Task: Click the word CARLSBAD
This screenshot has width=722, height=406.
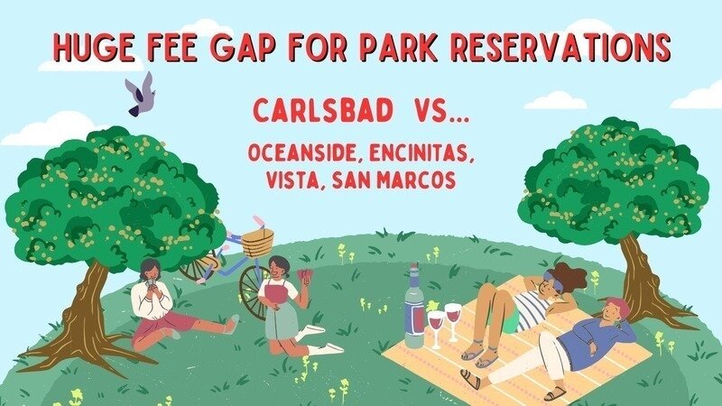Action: (323, 111)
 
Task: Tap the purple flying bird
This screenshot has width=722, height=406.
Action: (141, 95)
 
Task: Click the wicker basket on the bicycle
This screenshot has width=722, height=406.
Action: (257, 243)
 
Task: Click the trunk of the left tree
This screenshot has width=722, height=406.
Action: (88, 318)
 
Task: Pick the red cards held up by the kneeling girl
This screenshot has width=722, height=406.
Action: (305, 278)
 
